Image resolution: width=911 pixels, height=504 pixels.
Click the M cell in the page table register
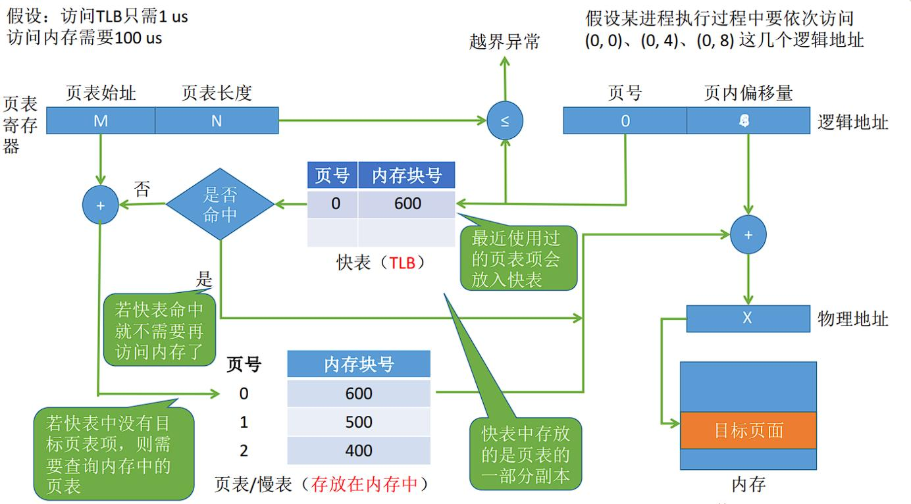click(x=100, y=121)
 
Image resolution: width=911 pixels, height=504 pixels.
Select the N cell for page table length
click(x=217, y=121)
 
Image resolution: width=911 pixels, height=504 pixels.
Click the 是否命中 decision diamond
click(x=220, y=205)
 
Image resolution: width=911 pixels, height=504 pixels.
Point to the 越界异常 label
click(x=504, y=42)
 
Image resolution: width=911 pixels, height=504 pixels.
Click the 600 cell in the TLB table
click(x=407, y=204)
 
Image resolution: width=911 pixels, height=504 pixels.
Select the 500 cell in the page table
click(x=359, y=422)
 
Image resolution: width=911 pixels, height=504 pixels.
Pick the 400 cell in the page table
click(x=359, y=451)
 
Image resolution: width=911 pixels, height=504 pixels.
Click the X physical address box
click(x=747, y=318)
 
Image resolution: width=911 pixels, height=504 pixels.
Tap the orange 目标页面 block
click(x=748, y=430)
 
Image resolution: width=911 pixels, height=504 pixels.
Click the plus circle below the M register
click(x=101, y=205)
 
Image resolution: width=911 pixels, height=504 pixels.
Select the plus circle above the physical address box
click(x=748, y=235)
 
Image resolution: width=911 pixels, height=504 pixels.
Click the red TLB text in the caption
click(x=402, y=263)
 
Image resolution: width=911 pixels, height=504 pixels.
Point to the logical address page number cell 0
click(x=625, y=121)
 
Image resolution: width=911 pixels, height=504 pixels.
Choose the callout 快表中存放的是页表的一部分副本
click(x=525, y=454)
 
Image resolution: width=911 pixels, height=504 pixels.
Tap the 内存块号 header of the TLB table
click(x=407, y=176)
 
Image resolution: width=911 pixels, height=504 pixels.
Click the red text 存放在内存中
click(x=373, y=485)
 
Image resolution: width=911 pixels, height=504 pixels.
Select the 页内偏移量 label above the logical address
click(x=748, y=93)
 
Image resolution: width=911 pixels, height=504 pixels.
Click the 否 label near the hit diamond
click(x=142, y=190)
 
